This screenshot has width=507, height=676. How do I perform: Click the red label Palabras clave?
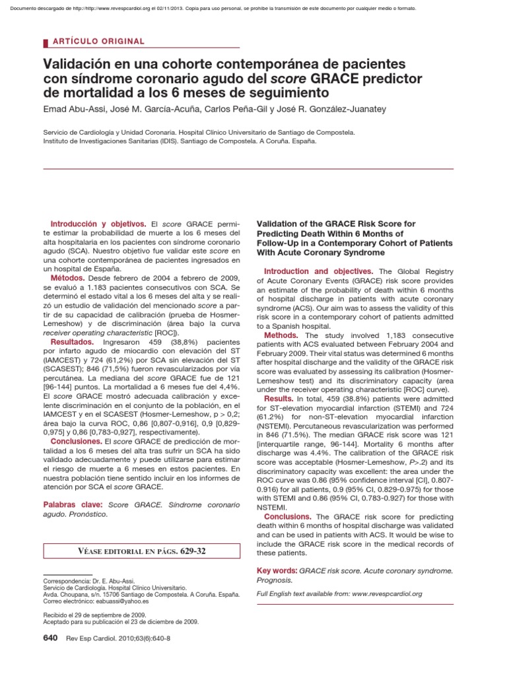click(x=72, y=505)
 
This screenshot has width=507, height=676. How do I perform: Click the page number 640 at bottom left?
click(x=50, y=638)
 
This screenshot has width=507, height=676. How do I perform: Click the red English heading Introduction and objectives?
click(x=318, y=271)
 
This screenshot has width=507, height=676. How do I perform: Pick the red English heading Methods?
click(x=285, y=335)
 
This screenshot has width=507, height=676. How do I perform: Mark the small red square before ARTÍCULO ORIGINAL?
click(x=46, y=42)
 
